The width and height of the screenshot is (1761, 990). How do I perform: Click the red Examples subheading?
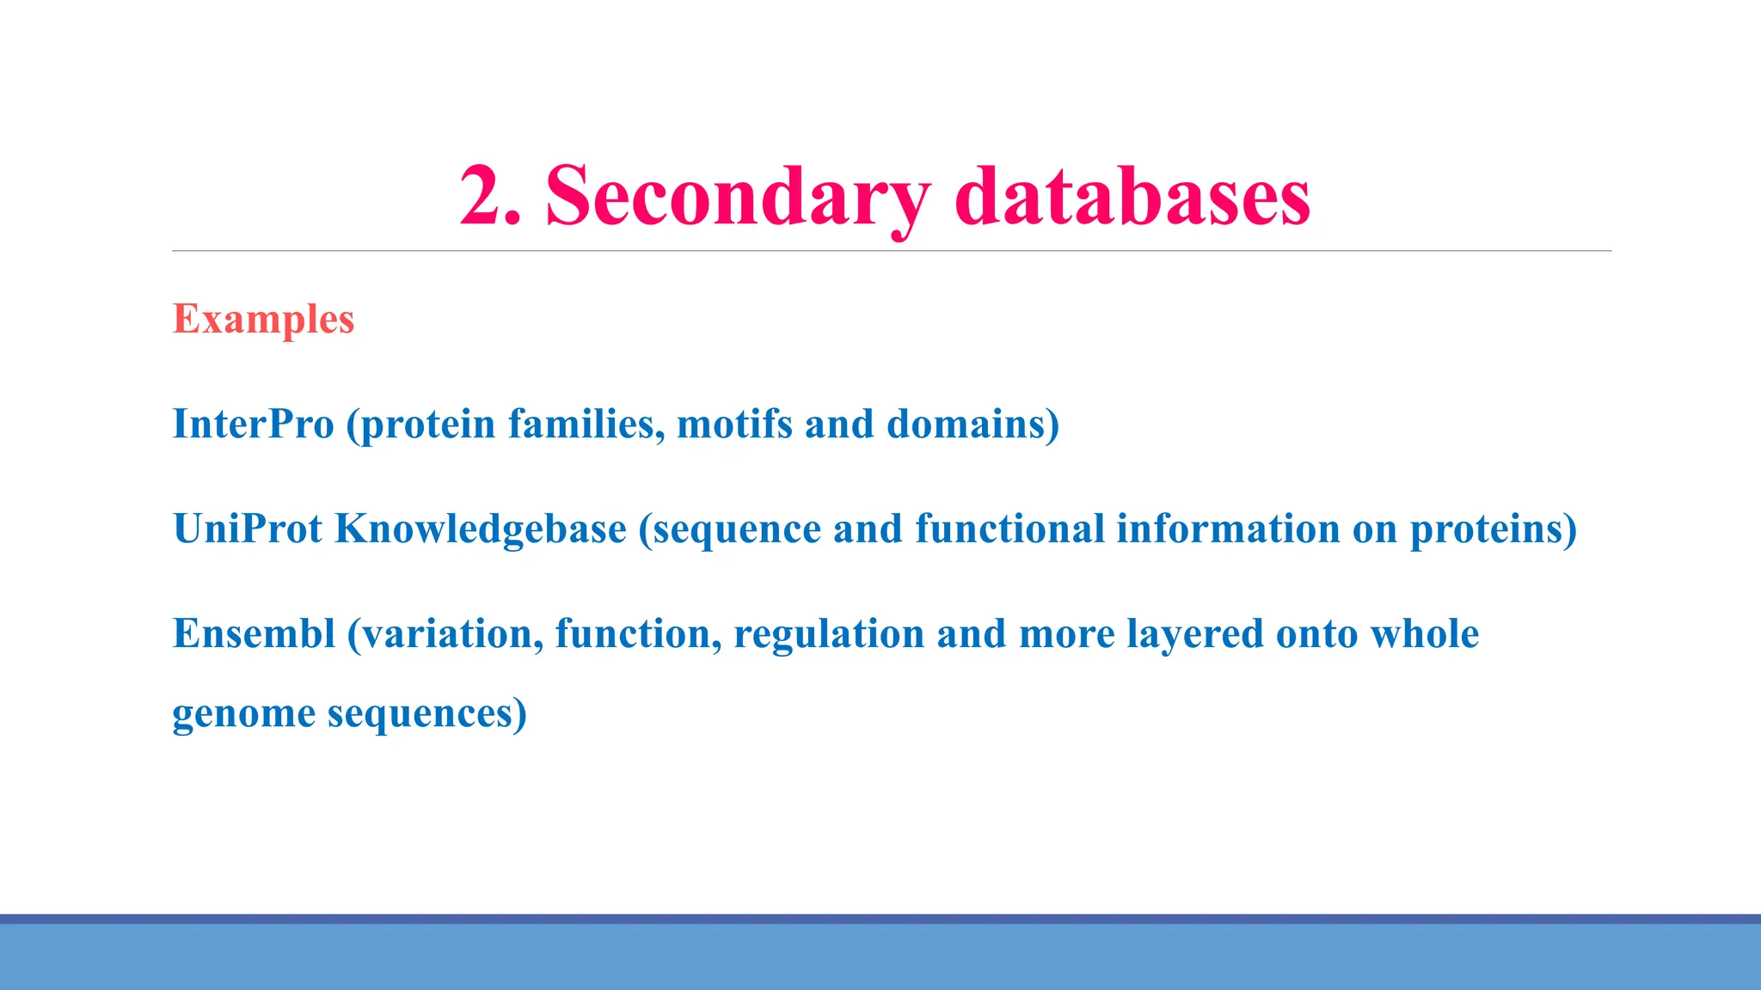pyautogui.click(x=263, y=319)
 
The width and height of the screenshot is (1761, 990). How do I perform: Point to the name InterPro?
pyautogui.click(x=253, y=424)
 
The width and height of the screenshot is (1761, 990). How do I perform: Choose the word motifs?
pyautogui.click(x=734, y=424)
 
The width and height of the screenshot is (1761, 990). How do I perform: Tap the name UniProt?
pyautogui.click(x=248, y=529)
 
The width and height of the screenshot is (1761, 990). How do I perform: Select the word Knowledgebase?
pyautogui.click(x=481, y=529)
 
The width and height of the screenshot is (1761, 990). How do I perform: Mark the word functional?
pyautogui.click(x=1009, y=529)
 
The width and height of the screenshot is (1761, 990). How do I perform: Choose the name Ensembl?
pyautogui.click(x=254, y=633)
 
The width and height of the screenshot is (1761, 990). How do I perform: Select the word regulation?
pyautogui.click(x=829, y=635)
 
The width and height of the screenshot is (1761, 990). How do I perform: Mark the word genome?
pyautogui.click(x=244, y=714)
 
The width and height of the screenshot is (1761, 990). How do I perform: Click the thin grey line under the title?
pyautogui.click(x=892, y=251)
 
